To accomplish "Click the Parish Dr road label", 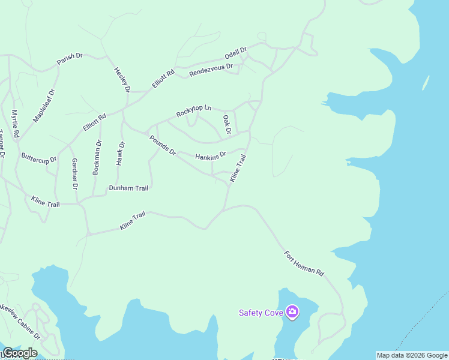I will (x=70, y=59).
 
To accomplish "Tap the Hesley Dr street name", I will (x=122, y=79).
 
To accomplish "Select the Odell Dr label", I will (x=236, y=53).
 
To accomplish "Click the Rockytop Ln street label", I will (x=193, y=111).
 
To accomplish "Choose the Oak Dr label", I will (x=227, y=124).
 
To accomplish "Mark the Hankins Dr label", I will (x=210, y=156).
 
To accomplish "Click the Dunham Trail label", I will (x=128, y=188).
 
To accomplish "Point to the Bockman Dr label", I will (x=97, y=157).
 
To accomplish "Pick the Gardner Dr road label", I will (x=74, y=173).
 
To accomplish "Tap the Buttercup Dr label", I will (x=39, y=159).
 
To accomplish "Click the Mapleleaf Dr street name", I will (x=44, y=106).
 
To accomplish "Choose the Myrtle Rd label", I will (x=16, y=123).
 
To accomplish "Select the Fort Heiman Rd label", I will (x=304, y=263).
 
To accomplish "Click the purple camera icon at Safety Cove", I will (x=292, y=312).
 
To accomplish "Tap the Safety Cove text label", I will (x=262, y=313).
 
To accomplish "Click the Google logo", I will (x=20, y=353).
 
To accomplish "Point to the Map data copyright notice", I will (x=412, y=355).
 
